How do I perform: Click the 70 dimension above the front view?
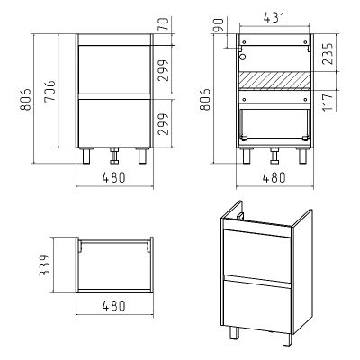point(164,24)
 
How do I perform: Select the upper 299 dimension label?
point(164,70)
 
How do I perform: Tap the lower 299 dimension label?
point(164,124)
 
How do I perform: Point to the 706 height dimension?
point(49,91)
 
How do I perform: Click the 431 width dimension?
point(274,18)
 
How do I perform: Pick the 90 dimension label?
point(219,25)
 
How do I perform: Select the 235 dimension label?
point(328,54)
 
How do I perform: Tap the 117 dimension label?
point(328,102)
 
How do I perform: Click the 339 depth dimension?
point(44,265)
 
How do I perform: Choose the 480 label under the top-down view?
point(113,306)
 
